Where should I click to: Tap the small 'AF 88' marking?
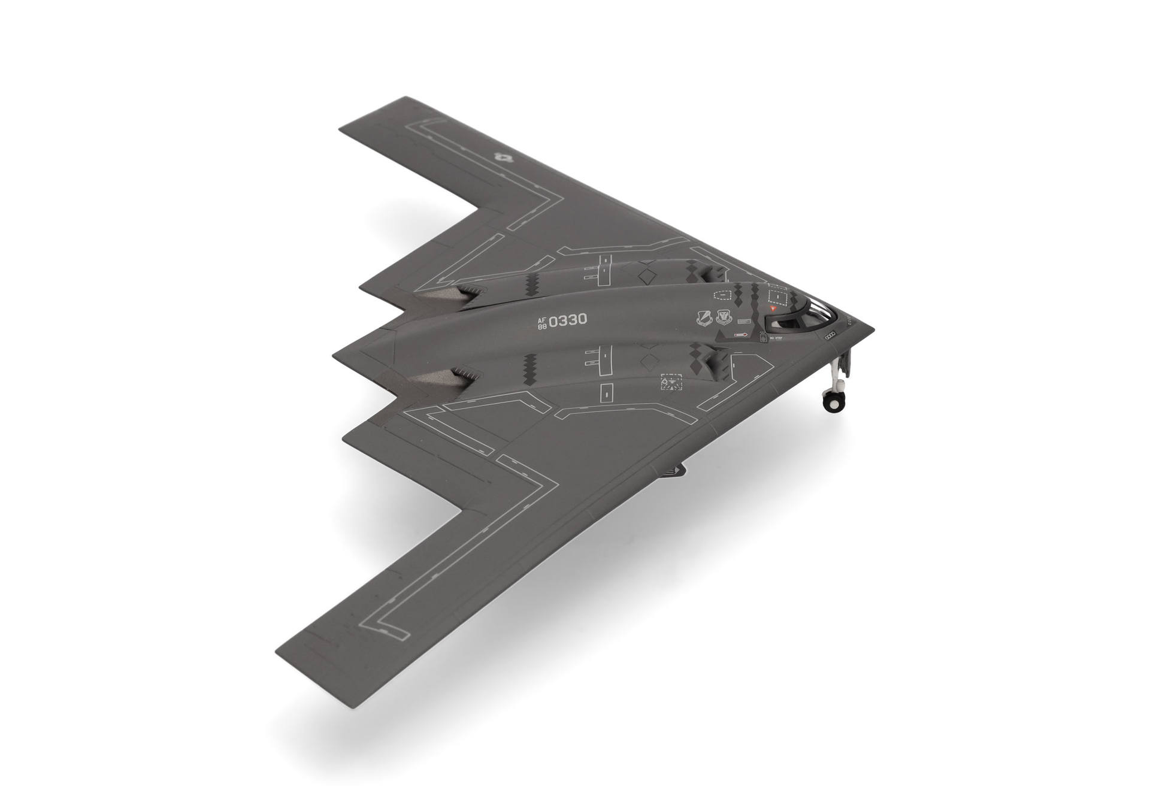(542, 323)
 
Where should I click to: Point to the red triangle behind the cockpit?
(773, 307)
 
